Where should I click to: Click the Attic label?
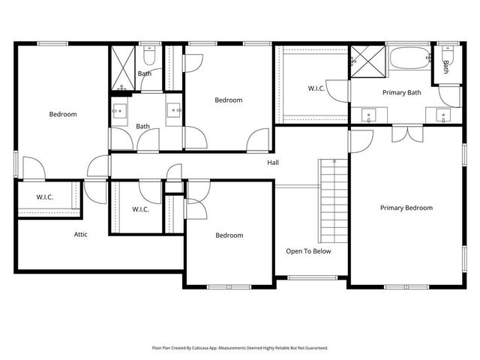pyautogui.click(x=80, y=235)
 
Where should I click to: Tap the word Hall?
pyautogui.click(x=274, y=163)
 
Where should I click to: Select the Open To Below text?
pyautogui.click(x=308, y=251)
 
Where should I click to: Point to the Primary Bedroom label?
pyautogui.click(x=406, y=208)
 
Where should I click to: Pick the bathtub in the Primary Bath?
pyautogui.click(x=409, y=58)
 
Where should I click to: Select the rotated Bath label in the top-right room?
pyautogui.click(x=445, y=67)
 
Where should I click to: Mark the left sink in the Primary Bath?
pyautogui.click(x=368, y=115)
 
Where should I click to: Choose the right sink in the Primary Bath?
pyautogui.click(x=442, y=115)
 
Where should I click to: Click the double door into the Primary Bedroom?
pyautogui.click(x=406, y=133)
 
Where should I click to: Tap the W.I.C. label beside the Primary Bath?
pyautogui.click(x=316, y=88)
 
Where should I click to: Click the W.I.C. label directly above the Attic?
pyautogui.click(x=45, y=197)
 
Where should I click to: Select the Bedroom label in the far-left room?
pyautogui.click(x=63, y=115)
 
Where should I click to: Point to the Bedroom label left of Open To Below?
pyautogui.click(x=229, y=235)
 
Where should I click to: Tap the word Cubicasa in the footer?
pyautogui.click(x=200, y=348)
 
